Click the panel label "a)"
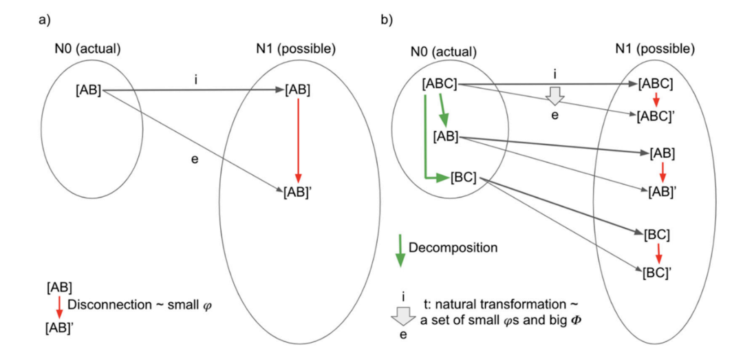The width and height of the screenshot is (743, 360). (43, 19)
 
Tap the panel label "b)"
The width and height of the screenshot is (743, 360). (387, 19)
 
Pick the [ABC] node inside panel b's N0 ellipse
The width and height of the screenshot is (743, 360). (439, 85)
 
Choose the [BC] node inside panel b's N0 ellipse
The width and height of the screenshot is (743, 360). (463, 179)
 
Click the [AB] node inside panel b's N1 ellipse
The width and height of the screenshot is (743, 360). (661, 153)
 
